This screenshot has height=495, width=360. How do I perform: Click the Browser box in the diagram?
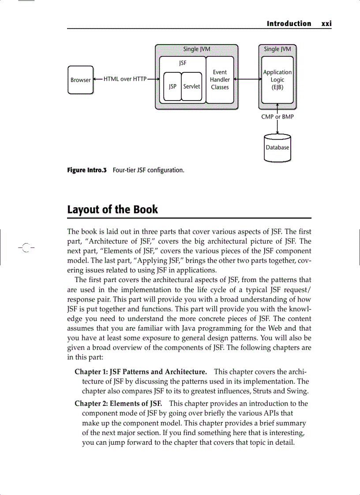pyautogui.click(x=80, y=80)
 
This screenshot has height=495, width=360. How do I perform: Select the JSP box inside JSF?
pyautogui.click(x=172, y=86)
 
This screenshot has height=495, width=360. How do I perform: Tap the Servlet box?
pyautogui.click(x=191, y=86)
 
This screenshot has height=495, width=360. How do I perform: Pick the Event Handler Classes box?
pyautogui.click(x=220, y=80)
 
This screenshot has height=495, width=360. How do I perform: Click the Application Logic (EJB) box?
pyautogui.click(x=277, y=80)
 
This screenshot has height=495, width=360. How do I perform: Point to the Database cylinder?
pyautogui.click(x=277, y=148)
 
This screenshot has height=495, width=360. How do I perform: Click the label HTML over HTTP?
pyautogui.click(x=125, y=79)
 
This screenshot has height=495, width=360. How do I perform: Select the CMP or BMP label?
pyautogui.click(x=277, y=117)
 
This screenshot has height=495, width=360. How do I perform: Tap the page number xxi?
pyautogui.click(x=326, y=24)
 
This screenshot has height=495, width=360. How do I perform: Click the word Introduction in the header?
pyautogui.click(x=289, y=24)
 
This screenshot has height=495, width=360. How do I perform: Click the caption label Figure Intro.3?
pyautogui.click(x=87, y=170)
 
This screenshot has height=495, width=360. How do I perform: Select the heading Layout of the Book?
pyautogui.click(x=112, y=209)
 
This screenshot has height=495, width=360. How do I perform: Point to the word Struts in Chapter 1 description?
pyautogui.click(x=269, y=391)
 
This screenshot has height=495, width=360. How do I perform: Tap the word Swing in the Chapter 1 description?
pyautogui.click(x=298, y=391)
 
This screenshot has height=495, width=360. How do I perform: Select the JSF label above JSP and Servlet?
pyautogui.click(x=183, y=63)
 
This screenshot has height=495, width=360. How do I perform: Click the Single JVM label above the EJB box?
pyautogui.click(x=277, y=49)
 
